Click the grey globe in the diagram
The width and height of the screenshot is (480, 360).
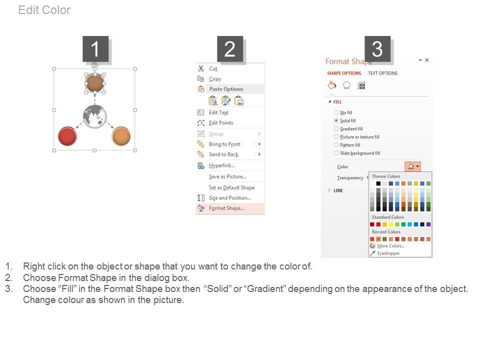95,116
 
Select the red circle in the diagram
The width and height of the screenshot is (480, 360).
67,136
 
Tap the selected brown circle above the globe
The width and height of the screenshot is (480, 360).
94,82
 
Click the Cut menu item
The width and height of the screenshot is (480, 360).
213,68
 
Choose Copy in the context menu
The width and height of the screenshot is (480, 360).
215,79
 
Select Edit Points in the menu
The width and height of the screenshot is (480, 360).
221,123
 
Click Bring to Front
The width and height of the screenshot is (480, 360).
224,144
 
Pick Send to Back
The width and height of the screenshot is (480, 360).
223,154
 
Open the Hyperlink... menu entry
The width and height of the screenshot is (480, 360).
222,165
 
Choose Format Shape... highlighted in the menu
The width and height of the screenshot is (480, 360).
226,208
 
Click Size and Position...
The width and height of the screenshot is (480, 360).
230,198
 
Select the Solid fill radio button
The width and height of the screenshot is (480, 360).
336,120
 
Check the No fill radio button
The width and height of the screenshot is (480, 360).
336,112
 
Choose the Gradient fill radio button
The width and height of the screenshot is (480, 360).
336,128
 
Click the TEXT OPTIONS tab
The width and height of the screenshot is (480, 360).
382,73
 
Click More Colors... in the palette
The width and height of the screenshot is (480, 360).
391,246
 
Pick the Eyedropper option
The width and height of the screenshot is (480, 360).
388,253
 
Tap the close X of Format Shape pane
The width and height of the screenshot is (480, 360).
426,60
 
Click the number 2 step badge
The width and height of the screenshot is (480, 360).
230,49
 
